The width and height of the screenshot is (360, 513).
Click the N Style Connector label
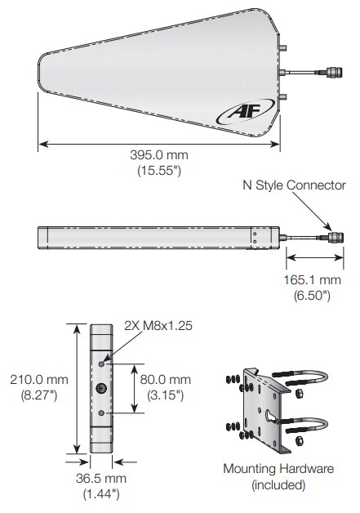[x=294, y=185]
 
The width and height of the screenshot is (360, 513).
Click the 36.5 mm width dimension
[x=102, y=478]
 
